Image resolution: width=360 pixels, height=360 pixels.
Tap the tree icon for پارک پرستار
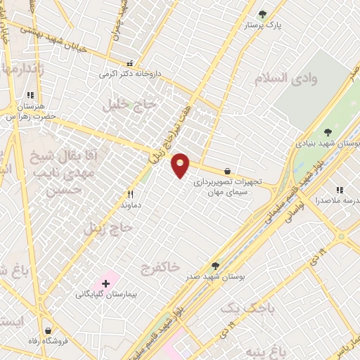point(263,14)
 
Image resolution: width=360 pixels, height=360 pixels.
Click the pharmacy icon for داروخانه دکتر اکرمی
point(129,62)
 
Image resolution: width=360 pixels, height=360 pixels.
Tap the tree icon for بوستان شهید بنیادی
point(328,131)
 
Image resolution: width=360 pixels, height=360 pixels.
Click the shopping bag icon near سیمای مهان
point(227,171)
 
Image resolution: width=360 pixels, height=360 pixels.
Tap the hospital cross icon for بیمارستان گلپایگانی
point(105,283)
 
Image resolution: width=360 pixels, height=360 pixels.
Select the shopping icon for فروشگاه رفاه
point(48,330)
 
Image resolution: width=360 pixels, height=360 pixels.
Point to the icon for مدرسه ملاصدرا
point(340,190)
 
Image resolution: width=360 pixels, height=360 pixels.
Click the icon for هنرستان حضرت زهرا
point(30,94)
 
